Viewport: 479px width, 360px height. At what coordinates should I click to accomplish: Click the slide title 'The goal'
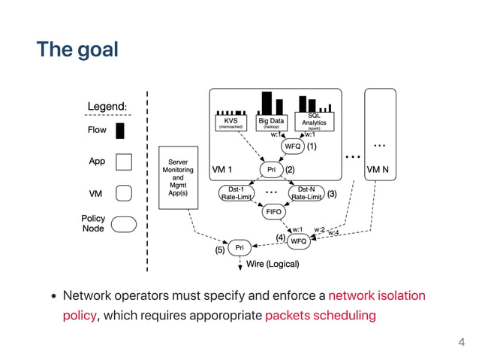(78, 50)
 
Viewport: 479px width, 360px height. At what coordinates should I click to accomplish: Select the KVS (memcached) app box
(231, 123)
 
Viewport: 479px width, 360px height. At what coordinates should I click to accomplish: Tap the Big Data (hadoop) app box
(271, 123)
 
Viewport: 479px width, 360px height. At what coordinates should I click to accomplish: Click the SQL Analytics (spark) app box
(314, 121)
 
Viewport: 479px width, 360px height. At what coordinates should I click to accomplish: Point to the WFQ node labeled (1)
(293, 147)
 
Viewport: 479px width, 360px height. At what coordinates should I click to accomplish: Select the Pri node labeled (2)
(271, 170)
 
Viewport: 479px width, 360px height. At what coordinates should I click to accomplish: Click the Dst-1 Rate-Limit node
(235, 193)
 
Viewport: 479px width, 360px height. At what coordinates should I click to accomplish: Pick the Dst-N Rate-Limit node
(306, 193)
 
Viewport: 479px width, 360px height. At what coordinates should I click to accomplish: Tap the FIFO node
(273, 213)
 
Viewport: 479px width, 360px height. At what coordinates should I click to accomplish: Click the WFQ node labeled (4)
(298, 241)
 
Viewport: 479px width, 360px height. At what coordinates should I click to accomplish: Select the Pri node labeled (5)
(239, 248)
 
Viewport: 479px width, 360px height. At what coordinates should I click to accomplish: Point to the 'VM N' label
(377, 170)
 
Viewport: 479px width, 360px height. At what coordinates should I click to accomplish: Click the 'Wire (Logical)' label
(273, 265)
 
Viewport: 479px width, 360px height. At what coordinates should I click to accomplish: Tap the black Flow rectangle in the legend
(120, 131)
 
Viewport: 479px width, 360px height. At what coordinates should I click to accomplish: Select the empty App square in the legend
(125, 162)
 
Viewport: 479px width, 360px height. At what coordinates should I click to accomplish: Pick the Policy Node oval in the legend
(125, 223)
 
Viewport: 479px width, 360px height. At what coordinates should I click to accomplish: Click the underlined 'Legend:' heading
(107, 107)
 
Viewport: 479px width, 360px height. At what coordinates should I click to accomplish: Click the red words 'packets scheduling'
(321, 316)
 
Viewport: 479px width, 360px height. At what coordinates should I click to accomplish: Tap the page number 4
(462, 343)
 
